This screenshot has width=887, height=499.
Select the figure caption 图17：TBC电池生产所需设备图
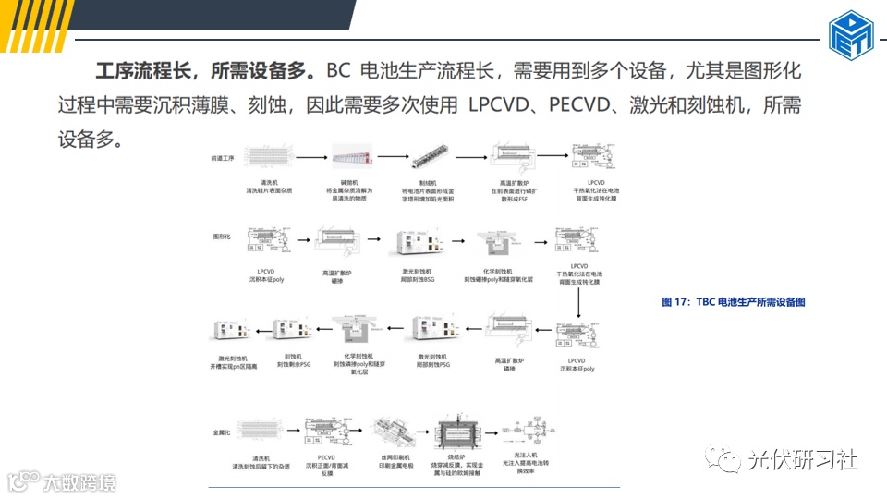pyautogui.click(x=734, y=302)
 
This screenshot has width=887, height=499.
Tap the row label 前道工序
pyautogui.click(x=225, y=157)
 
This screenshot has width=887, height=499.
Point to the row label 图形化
pyautogui.click(x=222, y=237)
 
